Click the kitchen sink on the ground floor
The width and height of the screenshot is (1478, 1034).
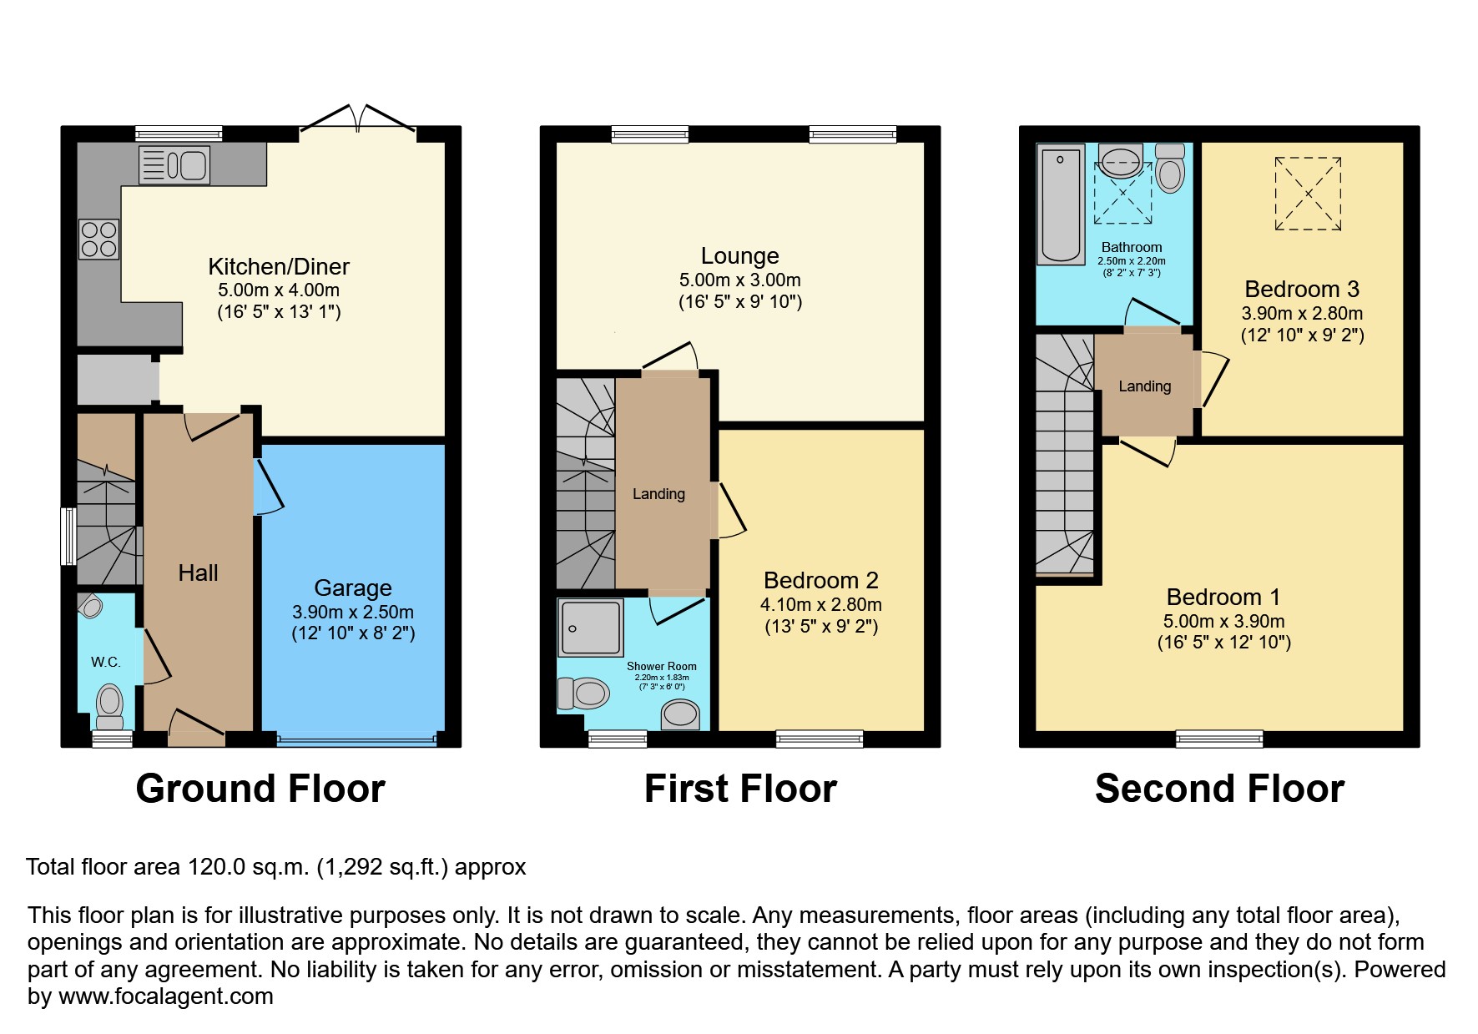[174, 164]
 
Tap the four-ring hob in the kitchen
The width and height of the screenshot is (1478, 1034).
[99, 239]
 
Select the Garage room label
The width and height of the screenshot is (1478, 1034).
[353, 588]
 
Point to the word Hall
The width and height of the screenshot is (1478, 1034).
[198, 572]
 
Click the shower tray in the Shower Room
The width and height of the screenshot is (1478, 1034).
[590, 627]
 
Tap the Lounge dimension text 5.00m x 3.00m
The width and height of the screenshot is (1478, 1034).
[739, 280]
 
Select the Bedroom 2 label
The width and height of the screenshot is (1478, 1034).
[821, 580]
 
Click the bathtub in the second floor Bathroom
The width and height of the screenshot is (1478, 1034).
[1061, 204]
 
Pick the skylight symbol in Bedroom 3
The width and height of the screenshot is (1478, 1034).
[1308, 194]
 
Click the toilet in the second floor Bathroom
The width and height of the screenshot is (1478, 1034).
[1171, 169]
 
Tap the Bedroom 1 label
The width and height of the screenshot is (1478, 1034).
[1223, 597]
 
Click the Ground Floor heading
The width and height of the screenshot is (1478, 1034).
[260, 789]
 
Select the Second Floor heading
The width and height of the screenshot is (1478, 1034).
[1219, 789]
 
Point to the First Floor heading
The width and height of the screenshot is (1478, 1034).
[740, 789]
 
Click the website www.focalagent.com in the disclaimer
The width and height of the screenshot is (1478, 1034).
[166, 996]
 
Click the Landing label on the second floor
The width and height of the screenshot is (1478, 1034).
[1145, 386]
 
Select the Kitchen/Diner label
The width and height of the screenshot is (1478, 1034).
[279, 266]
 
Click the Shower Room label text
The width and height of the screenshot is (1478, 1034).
[662, 666]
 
